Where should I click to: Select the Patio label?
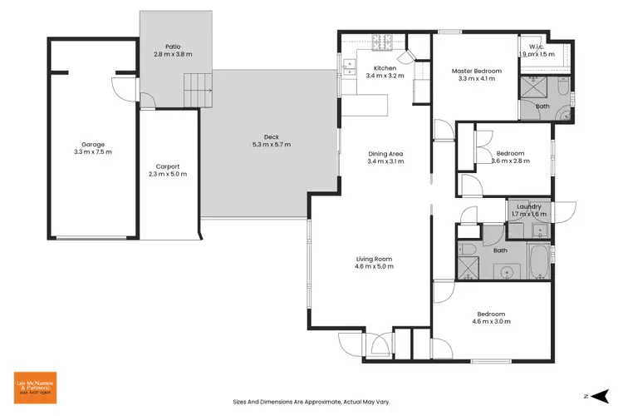(172, 47)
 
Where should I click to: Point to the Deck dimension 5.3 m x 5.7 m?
(272, 145)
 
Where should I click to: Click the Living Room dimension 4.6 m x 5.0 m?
(374, 266)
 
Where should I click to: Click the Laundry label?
(528, 206)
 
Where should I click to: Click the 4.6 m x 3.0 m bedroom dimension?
(491, 321)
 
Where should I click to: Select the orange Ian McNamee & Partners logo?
(35, 386)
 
